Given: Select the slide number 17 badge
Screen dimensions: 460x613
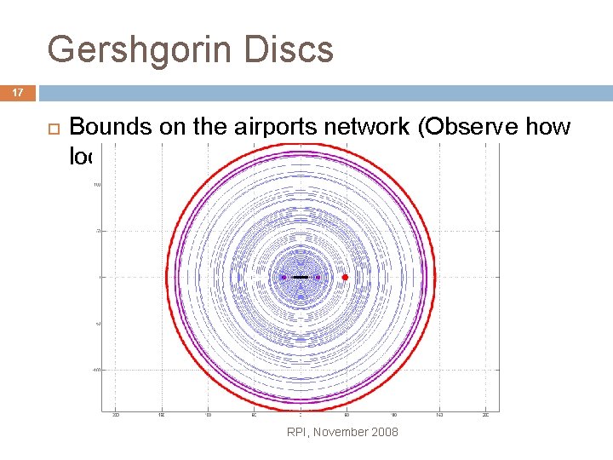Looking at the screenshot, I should (17, 93).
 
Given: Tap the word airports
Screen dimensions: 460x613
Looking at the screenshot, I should (271, 128).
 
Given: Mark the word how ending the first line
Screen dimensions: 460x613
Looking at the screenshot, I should (553, 128).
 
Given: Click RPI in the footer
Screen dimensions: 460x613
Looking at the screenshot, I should (298, 432).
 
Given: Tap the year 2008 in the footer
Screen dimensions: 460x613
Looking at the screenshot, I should (384, 432).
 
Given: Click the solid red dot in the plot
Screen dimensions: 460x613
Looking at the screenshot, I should (345, 278).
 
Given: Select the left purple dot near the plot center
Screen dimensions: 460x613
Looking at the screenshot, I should (284, 277).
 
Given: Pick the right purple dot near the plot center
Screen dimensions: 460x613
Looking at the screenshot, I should (318, 277).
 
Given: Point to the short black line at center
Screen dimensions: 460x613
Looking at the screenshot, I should (300, 277).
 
